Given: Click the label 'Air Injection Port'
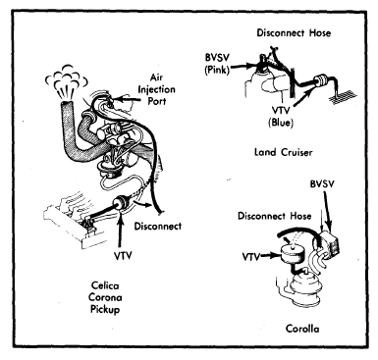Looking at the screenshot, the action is (x=157, y=89).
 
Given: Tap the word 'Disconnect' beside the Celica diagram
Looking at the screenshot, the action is (x=158, y=226).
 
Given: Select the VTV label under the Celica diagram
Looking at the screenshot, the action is (x=123, y=255).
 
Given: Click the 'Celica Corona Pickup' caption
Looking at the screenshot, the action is (x=106, y=297).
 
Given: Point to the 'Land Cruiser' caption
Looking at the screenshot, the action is (x=284, y=152).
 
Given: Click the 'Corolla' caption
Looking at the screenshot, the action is (x=302, y=328).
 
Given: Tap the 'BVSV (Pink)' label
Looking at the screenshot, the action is (x=217, y=64).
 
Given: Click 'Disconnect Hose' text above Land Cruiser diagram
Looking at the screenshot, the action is (x=294, y=33).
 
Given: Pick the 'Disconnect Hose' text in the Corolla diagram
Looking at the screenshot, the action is (x=274, y=216).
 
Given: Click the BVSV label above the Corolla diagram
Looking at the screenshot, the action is (x=322, y=183).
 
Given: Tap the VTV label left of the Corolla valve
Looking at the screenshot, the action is (x=251, y=257).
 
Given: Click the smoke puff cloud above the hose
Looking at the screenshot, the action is (x=67, y=81).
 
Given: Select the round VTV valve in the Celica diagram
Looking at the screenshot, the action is (x=120, y=203).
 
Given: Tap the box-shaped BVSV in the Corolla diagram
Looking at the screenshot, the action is (x=329, y=244).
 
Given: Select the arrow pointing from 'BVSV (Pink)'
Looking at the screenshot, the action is (x=243, y=67).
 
